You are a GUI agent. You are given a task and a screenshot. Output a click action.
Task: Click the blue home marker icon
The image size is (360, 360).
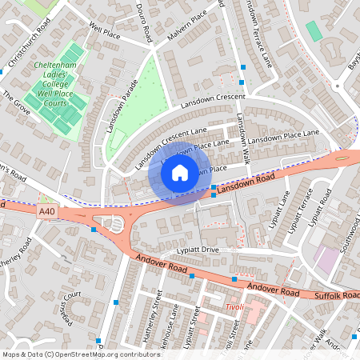tap(179, 173)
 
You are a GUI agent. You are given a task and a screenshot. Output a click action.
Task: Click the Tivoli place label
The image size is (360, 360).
tap(233, 307)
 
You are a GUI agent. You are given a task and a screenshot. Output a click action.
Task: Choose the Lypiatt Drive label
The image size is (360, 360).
tap(198, 250)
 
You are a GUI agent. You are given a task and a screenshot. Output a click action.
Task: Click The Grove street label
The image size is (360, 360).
tap(16, 103)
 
